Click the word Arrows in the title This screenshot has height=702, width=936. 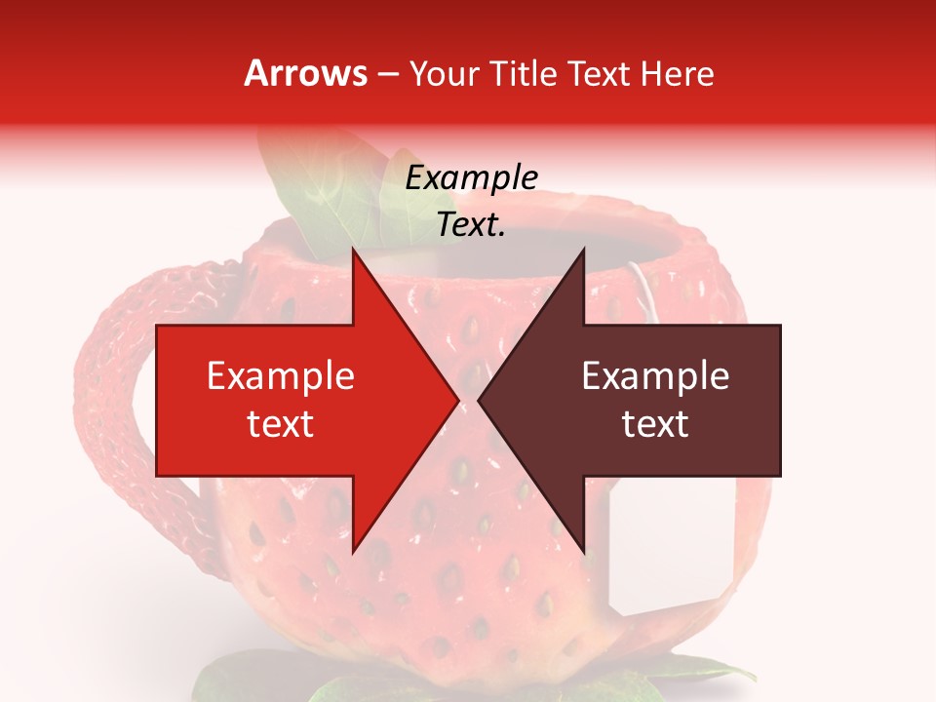click(x=306, y=73)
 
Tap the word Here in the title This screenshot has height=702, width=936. click(x=677, y=73)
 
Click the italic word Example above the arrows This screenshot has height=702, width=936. click(x=471, y=178)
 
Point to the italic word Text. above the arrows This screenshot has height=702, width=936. click(x=471, y=224)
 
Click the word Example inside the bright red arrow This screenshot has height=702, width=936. click(x=281, y=375)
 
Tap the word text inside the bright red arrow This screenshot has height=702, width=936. click(x=281, y=424)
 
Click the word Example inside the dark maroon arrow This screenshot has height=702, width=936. click(x=655, y=375)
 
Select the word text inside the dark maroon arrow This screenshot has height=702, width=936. click(x=655, y=424)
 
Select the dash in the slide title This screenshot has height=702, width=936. click(x=387, y=74)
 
